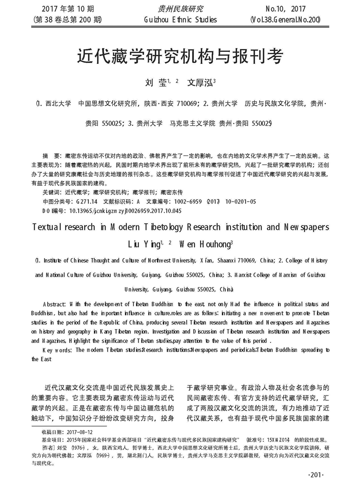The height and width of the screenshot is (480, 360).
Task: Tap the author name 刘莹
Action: (x=154, y=82)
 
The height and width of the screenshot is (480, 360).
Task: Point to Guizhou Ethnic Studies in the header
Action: (x=180, y=20)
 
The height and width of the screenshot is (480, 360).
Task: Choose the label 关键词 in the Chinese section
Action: (x=52, y=192)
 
